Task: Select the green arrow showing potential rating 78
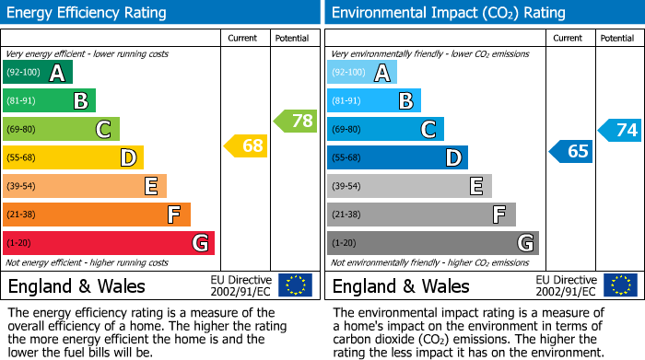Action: [x=296, y=121]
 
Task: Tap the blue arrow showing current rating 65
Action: [x=571, y=151]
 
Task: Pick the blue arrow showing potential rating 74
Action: [x=620, y=130]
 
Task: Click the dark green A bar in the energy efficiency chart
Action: [x=38, y=73]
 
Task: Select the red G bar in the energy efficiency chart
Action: [x=109, y=243]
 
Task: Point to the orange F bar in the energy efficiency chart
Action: [x=97, y=215]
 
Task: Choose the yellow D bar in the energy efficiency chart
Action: [x=74, y=157]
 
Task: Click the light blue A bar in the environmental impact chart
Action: [x=362, y=73]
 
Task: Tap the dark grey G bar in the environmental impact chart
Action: [x=433, y=243]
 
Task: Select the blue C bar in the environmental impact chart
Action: [x=385, y=129]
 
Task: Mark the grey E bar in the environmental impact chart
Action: [x=409, y=186]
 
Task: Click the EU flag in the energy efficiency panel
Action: [x=295, y=285]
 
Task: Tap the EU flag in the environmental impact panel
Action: [x=619, y=285]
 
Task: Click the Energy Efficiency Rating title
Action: [x=88, y=13]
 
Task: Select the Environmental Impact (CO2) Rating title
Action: [x=447, y=13]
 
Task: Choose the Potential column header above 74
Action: [x=617, y=38]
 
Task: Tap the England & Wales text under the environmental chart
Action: [x=401, y=286]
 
